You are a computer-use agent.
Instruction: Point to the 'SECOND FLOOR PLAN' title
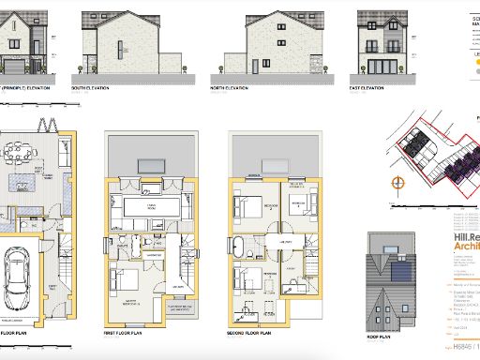(x=249, y=331)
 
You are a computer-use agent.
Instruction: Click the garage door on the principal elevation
(x=22, y=67)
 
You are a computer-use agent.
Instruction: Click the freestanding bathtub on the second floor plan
(x=242, y=247)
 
